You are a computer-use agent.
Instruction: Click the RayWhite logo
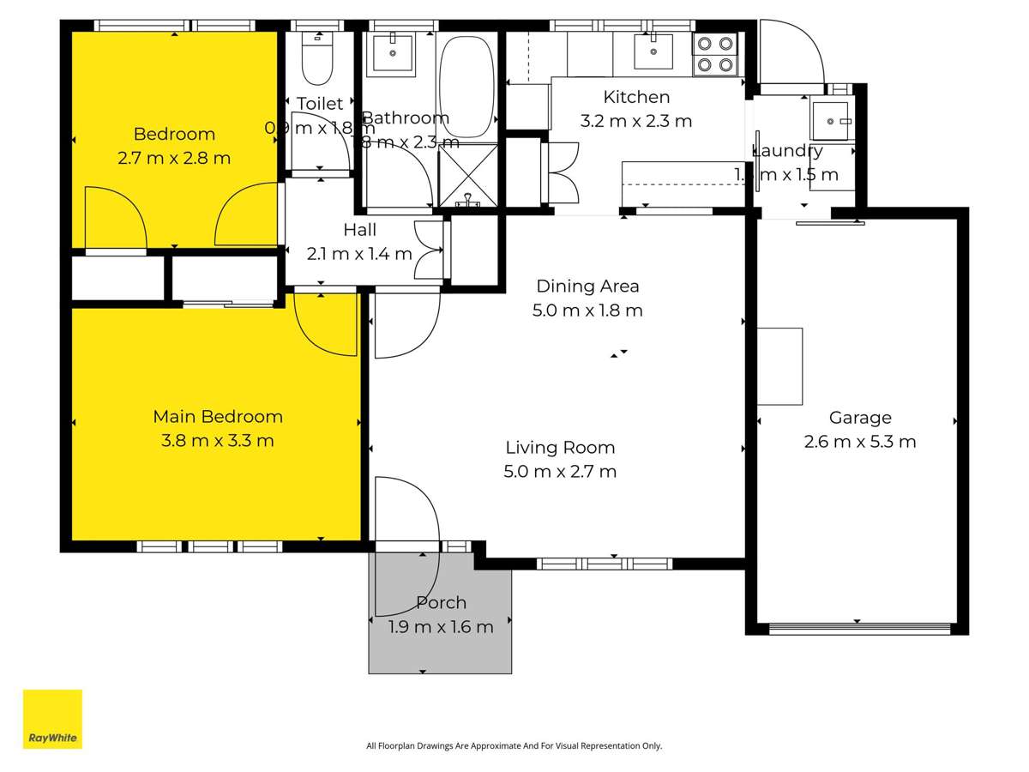tap(52, 719)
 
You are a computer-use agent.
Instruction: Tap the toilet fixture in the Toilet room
tap(318, 60)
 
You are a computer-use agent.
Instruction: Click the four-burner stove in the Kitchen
tap(715, 53)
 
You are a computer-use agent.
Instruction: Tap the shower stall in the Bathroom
tap(468, 176)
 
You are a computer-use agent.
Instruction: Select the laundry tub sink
tap(830, 121)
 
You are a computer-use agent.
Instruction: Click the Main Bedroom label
tap(218, 417)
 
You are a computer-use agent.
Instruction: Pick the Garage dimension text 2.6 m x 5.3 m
tap(859, 442)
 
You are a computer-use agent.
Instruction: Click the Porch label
tap(441, 603)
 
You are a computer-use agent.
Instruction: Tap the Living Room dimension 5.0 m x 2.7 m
tap(560, 471)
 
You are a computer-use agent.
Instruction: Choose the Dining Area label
tap(587, 286)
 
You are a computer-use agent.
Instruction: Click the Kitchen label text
tap(636, 97)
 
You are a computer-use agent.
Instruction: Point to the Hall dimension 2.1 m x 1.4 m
tap(359, 254)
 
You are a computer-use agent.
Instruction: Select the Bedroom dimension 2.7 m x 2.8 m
tap(174, 158)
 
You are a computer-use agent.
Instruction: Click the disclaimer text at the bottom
tap(514, 746)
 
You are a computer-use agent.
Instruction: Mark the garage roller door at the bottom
tap(859, 629)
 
